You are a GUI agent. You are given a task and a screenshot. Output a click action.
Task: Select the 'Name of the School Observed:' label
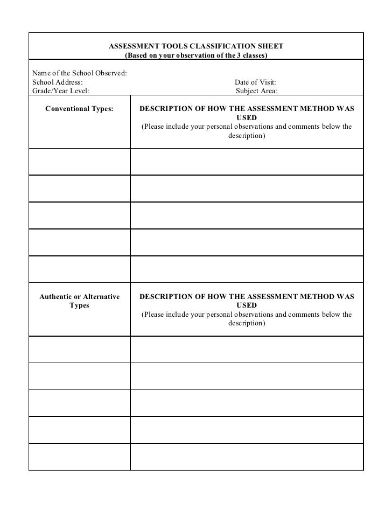coord(80,73)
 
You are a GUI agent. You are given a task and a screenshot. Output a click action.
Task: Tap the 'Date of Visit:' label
coord(255,82)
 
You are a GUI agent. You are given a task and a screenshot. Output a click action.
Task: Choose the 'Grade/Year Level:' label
coord(61,91)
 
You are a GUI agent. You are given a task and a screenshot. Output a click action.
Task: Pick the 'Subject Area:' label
coord(257,91)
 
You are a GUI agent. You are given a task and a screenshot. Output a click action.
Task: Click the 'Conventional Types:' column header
coord(79,109)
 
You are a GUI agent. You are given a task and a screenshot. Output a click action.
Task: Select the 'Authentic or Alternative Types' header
coord(79,301)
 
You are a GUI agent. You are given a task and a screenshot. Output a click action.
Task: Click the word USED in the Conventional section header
coord(247,117)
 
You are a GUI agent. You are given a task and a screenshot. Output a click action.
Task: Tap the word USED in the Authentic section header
coord(247,305)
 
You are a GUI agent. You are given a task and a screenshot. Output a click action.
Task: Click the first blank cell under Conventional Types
coord(79,162)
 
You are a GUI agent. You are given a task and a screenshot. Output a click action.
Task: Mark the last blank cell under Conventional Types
coord(79,269)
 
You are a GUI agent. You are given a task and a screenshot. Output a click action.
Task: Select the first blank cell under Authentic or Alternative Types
coord(79,350)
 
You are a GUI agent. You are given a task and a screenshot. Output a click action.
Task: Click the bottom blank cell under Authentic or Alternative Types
coord(79,456)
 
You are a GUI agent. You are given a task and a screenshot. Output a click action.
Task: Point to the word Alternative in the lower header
coord(101,297)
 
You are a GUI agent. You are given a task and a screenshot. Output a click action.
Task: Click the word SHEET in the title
coord(270,46)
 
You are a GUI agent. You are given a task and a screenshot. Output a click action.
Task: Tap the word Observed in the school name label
coord(110,73)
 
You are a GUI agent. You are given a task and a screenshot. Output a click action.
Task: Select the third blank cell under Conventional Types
coord(79,215)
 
